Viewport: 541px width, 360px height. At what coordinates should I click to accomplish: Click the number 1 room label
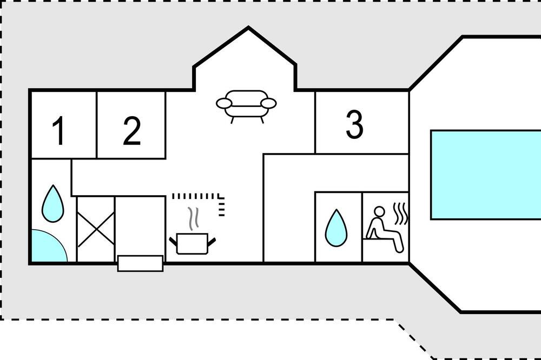pos(59,132)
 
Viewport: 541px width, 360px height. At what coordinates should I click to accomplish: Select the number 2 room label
pos(131,131)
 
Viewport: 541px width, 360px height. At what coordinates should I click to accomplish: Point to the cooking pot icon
pos(192,243)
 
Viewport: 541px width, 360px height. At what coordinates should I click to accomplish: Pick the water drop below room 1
pos(52,204)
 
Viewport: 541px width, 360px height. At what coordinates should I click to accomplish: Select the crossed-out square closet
pos(96,229)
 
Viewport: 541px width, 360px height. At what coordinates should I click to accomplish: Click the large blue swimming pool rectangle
pos(486,174)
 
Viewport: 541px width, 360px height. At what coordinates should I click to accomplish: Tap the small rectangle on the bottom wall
pos(140,263)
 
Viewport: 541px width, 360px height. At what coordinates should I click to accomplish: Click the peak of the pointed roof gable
pos(248,28)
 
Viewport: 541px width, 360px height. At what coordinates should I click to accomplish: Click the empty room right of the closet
pos(140,224)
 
